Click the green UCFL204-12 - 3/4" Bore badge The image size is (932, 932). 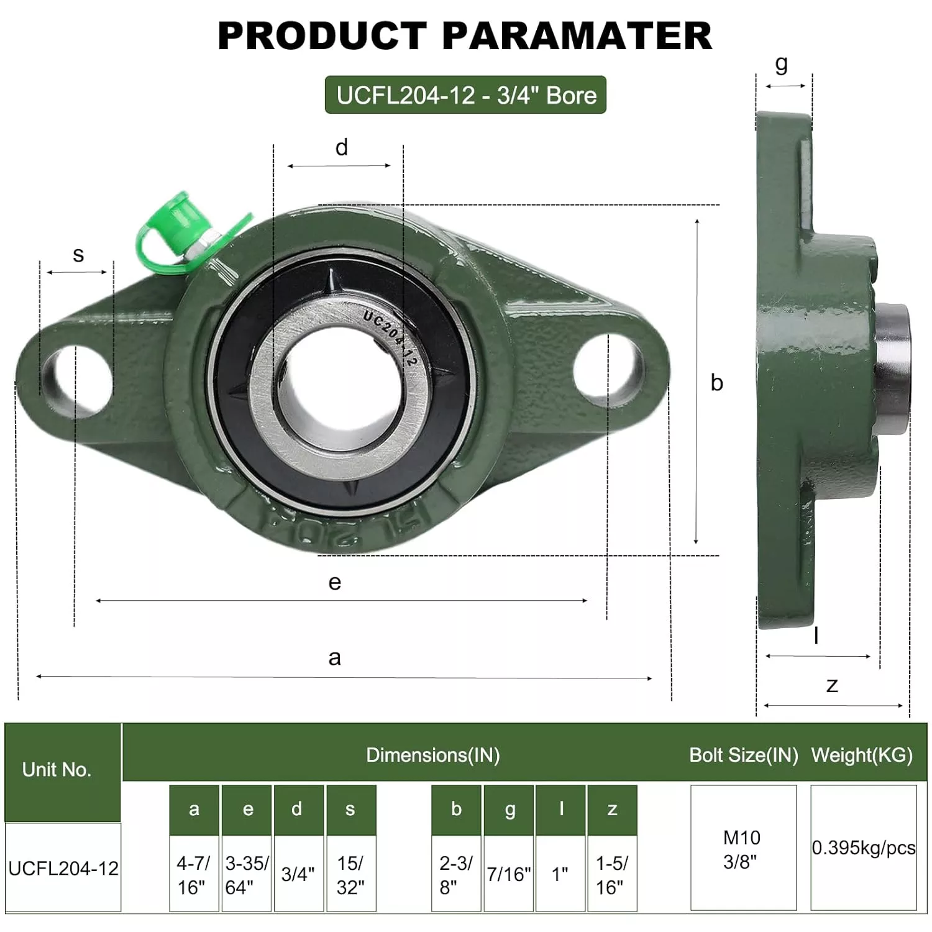click(465, 95)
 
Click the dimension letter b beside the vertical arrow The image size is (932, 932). click(716, 383)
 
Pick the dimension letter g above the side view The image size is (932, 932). click(782, 63)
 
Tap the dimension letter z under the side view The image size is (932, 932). click(832, 685)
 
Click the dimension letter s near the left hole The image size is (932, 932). click(78, 254)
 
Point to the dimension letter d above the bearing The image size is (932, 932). click(341, 148)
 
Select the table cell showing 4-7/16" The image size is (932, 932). click(194, 874)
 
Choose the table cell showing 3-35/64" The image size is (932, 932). click(247, 874)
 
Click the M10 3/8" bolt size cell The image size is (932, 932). click(743, 849)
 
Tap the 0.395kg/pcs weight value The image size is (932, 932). click(864, 848)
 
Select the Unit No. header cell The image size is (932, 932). click(57, 770)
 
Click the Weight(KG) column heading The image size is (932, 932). click(862, 755)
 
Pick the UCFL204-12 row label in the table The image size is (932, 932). click(63, 868)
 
